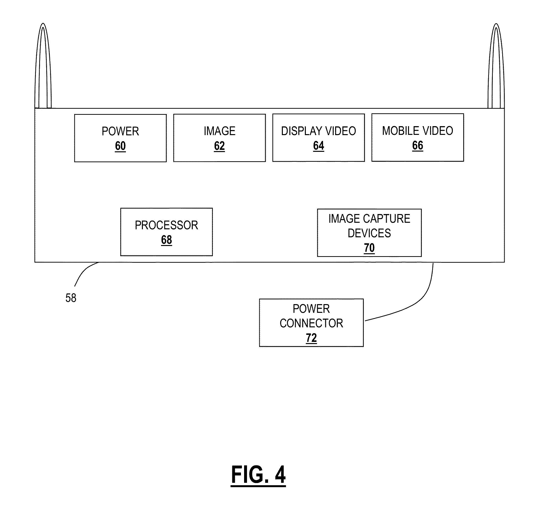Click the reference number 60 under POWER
point(120,146)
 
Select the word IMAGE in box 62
point(219,131)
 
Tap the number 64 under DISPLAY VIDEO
point(318,146)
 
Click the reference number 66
point(417,145)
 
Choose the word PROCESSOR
point(166,225)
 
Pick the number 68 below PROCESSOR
point(166,240)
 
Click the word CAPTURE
point(386,219)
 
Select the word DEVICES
point(369,233)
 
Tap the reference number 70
point(369,248)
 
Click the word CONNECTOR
point(311,323)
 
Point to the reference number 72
point(311,338)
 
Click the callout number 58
point(71,298)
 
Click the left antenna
point(43,66)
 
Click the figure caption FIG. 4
point(258,475)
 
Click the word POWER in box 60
point(120,131)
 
